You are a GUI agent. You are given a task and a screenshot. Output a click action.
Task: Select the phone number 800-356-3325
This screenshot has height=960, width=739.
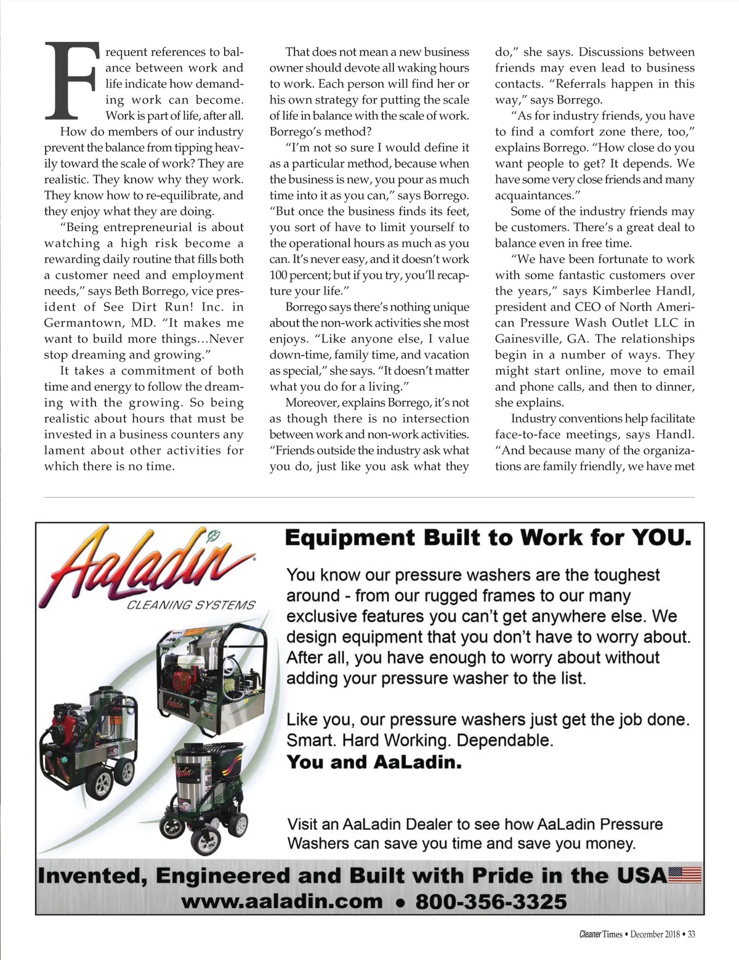[x=491, y=901]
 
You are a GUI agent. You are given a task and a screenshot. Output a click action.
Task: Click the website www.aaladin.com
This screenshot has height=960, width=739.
[x=281, y=901]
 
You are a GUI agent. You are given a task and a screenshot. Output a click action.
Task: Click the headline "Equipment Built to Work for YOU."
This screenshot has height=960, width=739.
[x=488, y=538]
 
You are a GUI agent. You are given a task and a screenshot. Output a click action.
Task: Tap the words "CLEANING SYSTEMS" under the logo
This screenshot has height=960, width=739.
[x=190, y=605]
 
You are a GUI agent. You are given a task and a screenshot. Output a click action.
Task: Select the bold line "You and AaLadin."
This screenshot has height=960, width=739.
[x=374, y=762]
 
